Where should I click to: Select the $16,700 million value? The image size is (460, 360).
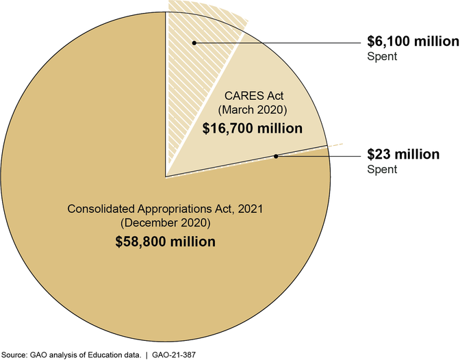[254, 128]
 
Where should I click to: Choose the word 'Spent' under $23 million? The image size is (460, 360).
[381, 169]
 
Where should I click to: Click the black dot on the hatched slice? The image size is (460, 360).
[194, 42]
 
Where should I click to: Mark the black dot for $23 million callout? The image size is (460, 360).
[276, 156]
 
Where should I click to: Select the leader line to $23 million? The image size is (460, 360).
[318, 156]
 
